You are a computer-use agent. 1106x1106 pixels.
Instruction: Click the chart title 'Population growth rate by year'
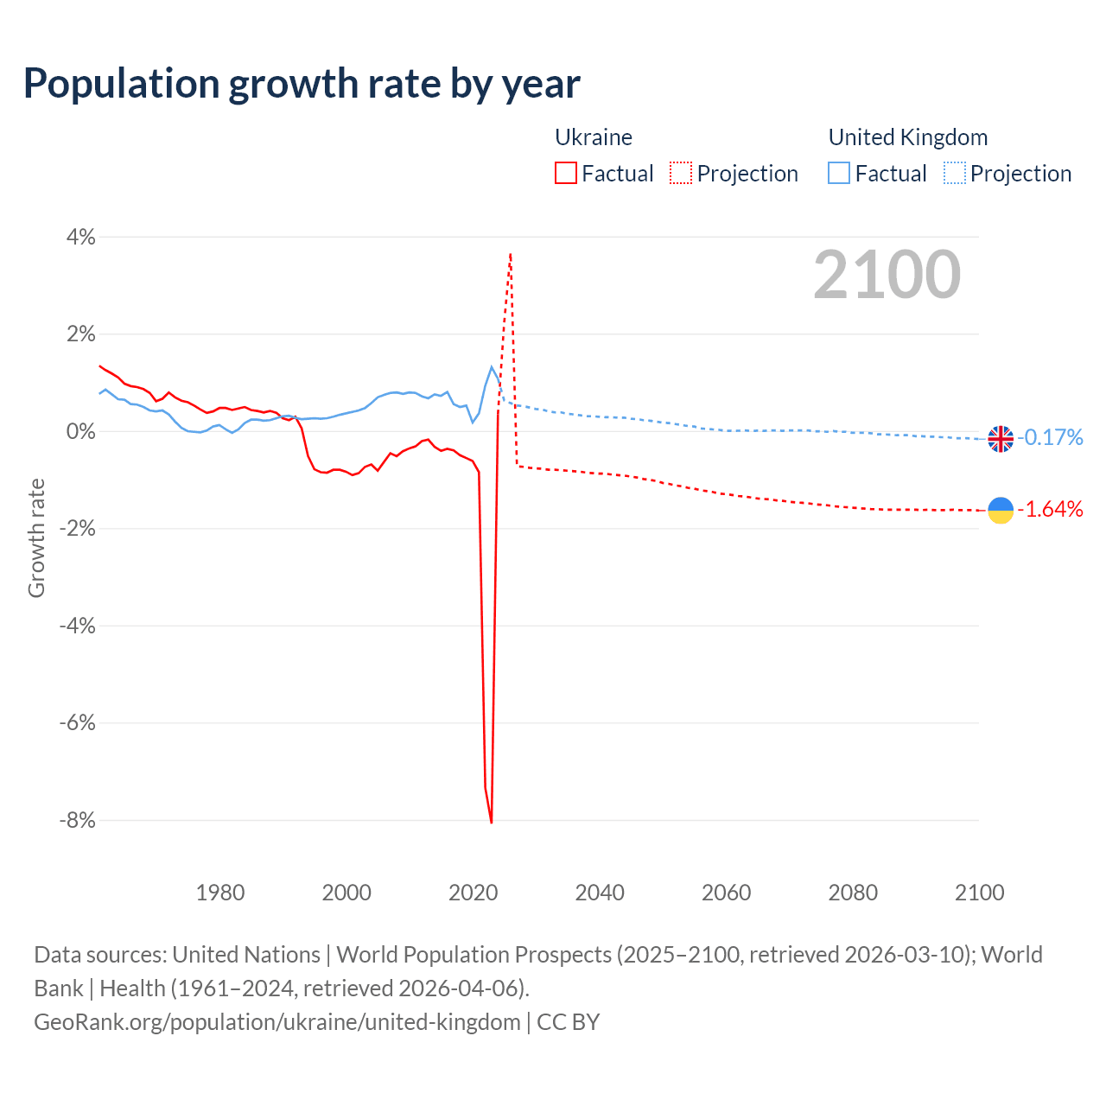[302, 84]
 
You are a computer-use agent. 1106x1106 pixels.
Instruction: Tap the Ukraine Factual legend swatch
[566, 174]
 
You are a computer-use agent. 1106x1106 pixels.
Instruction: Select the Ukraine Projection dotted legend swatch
[681, 174]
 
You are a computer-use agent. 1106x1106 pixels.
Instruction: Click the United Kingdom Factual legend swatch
[839, 174]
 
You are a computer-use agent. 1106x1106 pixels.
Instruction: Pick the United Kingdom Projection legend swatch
[954, 174]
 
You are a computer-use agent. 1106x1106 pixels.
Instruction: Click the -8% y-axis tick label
[76, 820]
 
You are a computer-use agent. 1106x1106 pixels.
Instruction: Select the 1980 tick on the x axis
[220, 893]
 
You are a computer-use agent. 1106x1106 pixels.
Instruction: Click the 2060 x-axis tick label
[726, 893]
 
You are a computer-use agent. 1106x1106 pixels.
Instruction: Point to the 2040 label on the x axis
[600, 893]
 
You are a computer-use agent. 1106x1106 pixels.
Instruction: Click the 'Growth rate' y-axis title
[36, 537]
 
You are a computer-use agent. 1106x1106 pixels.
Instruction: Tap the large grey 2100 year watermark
[887, 275]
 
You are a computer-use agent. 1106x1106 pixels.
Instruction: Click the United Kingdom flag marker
[1001, 439]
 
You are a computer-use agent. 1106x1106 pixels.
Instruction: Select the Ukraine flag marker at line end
[1001, 511]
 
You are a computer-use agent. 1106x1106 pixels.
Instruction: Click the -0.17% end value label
[1051, 438]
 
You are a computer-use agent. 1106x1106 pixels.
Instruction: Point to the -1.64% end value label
[1051, 510]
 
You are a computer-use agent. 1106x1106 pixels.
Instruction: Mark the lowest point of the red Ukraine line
[492, 823]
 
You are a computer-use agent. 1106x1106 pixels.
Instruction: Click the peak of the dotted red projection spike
[511, 254]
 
